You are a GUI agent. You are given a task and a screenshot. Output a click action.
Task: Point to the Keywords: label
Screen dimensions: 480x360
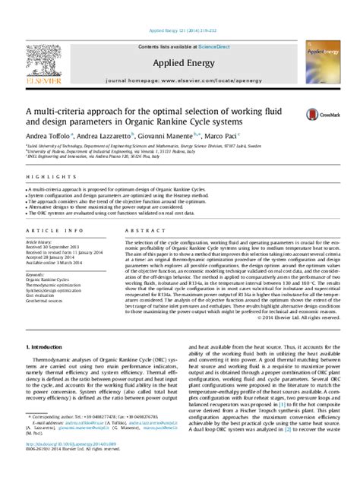(x=35, y=273)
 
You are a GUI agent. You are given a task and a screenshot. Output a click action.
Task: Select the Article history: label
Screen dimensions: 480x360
(x=40, y=242)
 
